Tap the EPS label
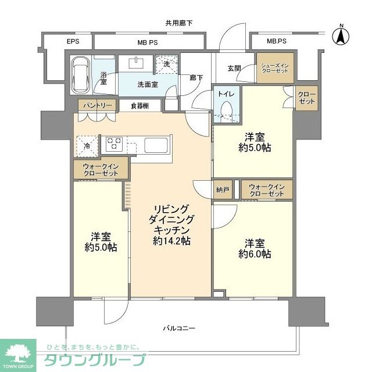click(x=72, y=41)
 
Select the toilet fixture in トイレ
click(x=226, y=109)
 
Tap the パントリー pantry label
click(x=93, y=106)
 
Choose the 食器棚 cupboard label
click(x=139, y=106)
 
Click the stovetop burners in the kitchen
click(x=113, y=143)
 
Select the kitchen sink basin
click(x=155, y=144)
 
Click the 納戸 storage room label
click(x=223, y=190)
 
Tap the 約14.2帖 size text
click(x=172, y=241)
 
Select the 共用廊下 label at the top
click(x=178, y=23)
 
